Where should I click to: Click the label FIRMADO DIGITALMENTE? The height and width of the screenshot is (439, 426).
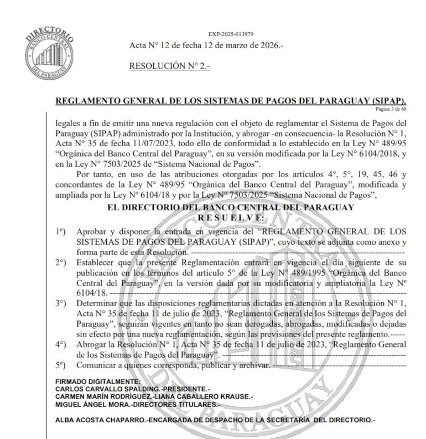pyautogui.click(x=98, y=382)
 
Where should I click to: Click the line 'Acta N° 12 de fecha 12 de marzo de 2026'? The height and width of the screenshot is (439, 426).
pyautogui.click(x=206, y=45)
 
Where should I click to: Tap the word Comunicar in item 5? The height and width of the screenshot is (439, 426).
pyautogui.click(x=95, y=366)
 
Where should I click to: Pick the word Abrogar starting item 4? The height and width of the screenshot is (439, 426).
pyautogui.click(x=90, y=344)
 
